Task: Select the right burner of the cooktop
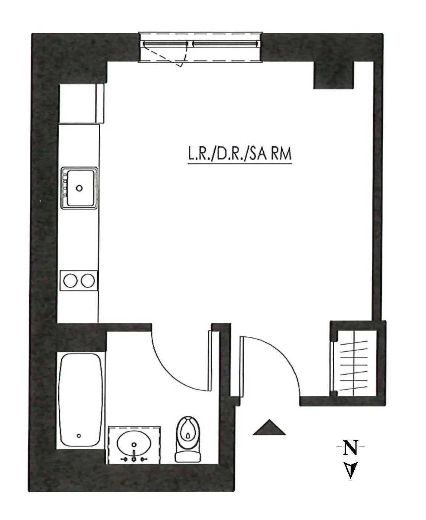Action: pyautogui.click(x=88, y=281)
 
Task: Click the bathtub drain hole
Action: pyautogui.click(x=78, y=435)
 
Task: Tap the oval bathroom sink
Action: pyautogui.click(x=134, y=443)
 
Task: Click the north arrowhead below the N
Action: pyautogui.click(x=351, y=470)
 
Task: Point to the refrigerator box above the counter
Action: pyautogui.click(x=81, y=103)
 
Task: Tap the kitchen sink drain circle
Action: pyautogui.click(x=79, y=188)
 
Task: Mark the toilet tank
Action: pyautogui.click(x=188, y=455)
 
